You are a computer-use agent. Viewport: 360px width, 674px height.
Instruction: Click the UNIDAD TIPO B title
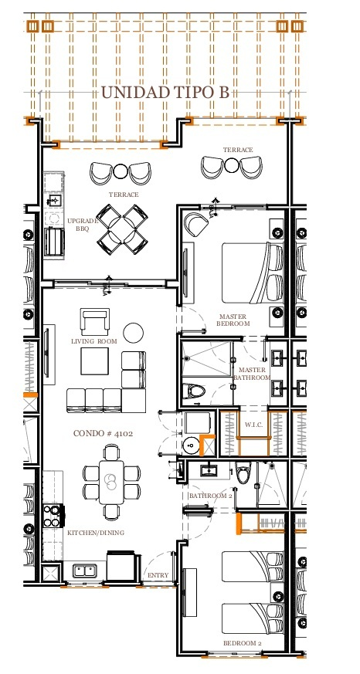[165, 93]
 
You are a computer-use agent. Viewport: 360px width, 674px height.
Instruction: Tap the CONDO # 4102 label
[103, 433]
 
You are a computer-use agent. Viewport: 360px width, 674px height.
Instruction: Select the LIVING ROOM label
[93, 341]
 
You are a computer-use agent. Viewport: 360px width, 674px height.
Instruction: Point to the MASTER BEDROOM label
[233, 320]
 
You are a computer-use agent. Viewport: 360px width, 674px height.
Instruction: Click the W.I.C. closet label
[253, 425]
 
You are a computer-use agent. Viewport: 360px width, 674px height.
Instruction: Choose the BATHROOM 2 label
[210, 496]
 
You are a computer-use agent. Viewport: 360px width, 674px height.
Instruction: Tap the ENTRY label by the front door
[158, 575]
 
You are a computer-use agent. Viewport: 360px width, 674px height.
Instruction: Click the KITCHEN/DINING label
[96, 533]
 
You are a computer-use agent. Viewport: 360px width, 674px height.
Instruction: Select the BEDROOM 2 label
[242, 643]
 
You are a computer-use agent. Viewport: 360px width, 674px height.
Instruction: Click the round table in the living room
[134, 332]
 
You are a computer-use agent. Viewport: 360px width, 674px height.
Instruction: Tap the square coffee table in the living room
[94, 361]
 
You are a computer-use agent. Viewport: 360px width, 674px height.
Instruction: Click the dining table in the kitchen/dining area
[111, 482]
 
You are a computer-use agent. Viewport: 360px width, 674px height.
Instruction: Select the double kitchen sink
[85, 571]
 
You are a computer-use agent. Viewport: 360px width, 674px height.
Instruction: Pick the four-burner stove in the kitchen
[52, 516]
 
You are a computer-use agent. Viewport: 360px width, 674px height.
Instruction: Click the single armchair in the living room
[94, 321]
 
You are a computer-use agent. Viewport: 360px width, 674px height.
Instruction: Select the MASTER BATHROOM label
[252, 374]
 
